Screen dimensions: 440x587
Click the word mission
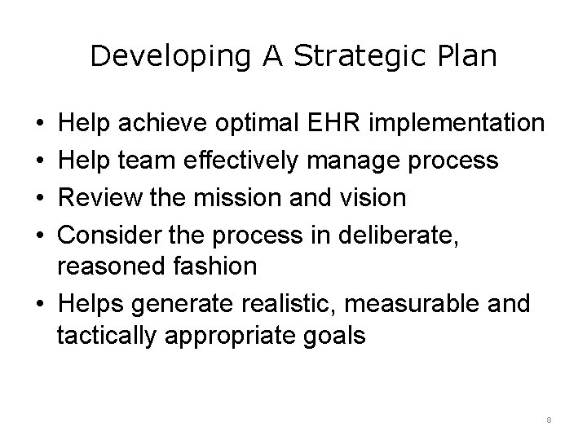point(242,196)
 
